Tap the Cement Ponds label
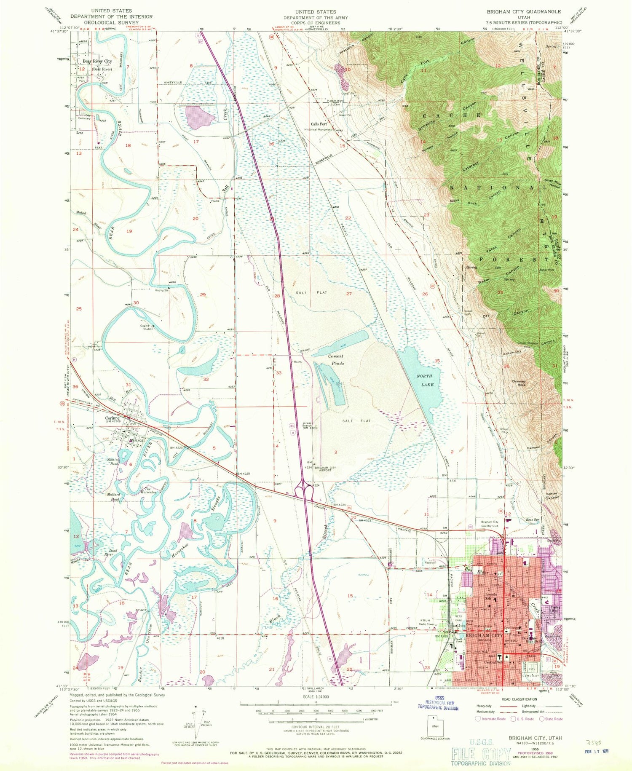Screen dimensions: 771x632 point(336,359)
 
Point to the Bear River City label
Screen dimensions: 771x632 point(97,62)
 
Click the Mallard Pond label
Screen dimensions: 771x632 point(113,497)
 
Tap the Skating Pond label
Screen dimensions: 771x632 point(113,461)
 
